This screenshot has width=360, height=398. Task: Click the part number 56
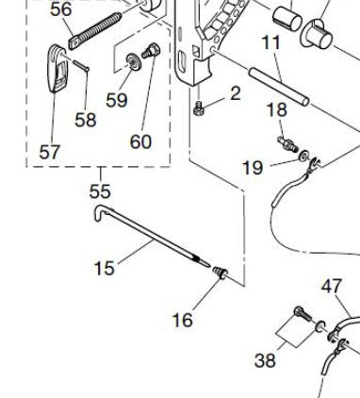(60, 9)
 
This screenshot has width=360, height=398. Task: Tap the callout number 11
(271, 43)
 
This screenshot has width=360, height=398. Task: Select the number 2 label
(235, 93)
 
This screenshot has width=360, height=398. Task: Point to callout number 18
(276, 111)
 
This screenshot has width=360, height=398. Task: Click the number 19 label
(253, 169)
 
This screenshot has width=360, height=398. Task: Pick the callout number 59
(116, 100)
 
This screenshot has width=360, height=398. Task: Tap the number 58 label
(86, 119)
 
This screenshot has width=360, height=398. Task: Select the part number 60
(140, 141)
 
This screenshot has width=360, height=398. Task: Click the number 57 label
(50, 150)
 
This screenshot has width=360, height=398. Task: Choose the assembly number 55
(100, 191)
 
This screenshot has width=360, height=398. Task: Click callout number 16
(182, 321)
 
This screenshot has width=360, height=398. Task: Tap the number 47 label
(332, 286)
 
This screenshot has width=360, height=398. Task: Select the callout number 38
(266, 359)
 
